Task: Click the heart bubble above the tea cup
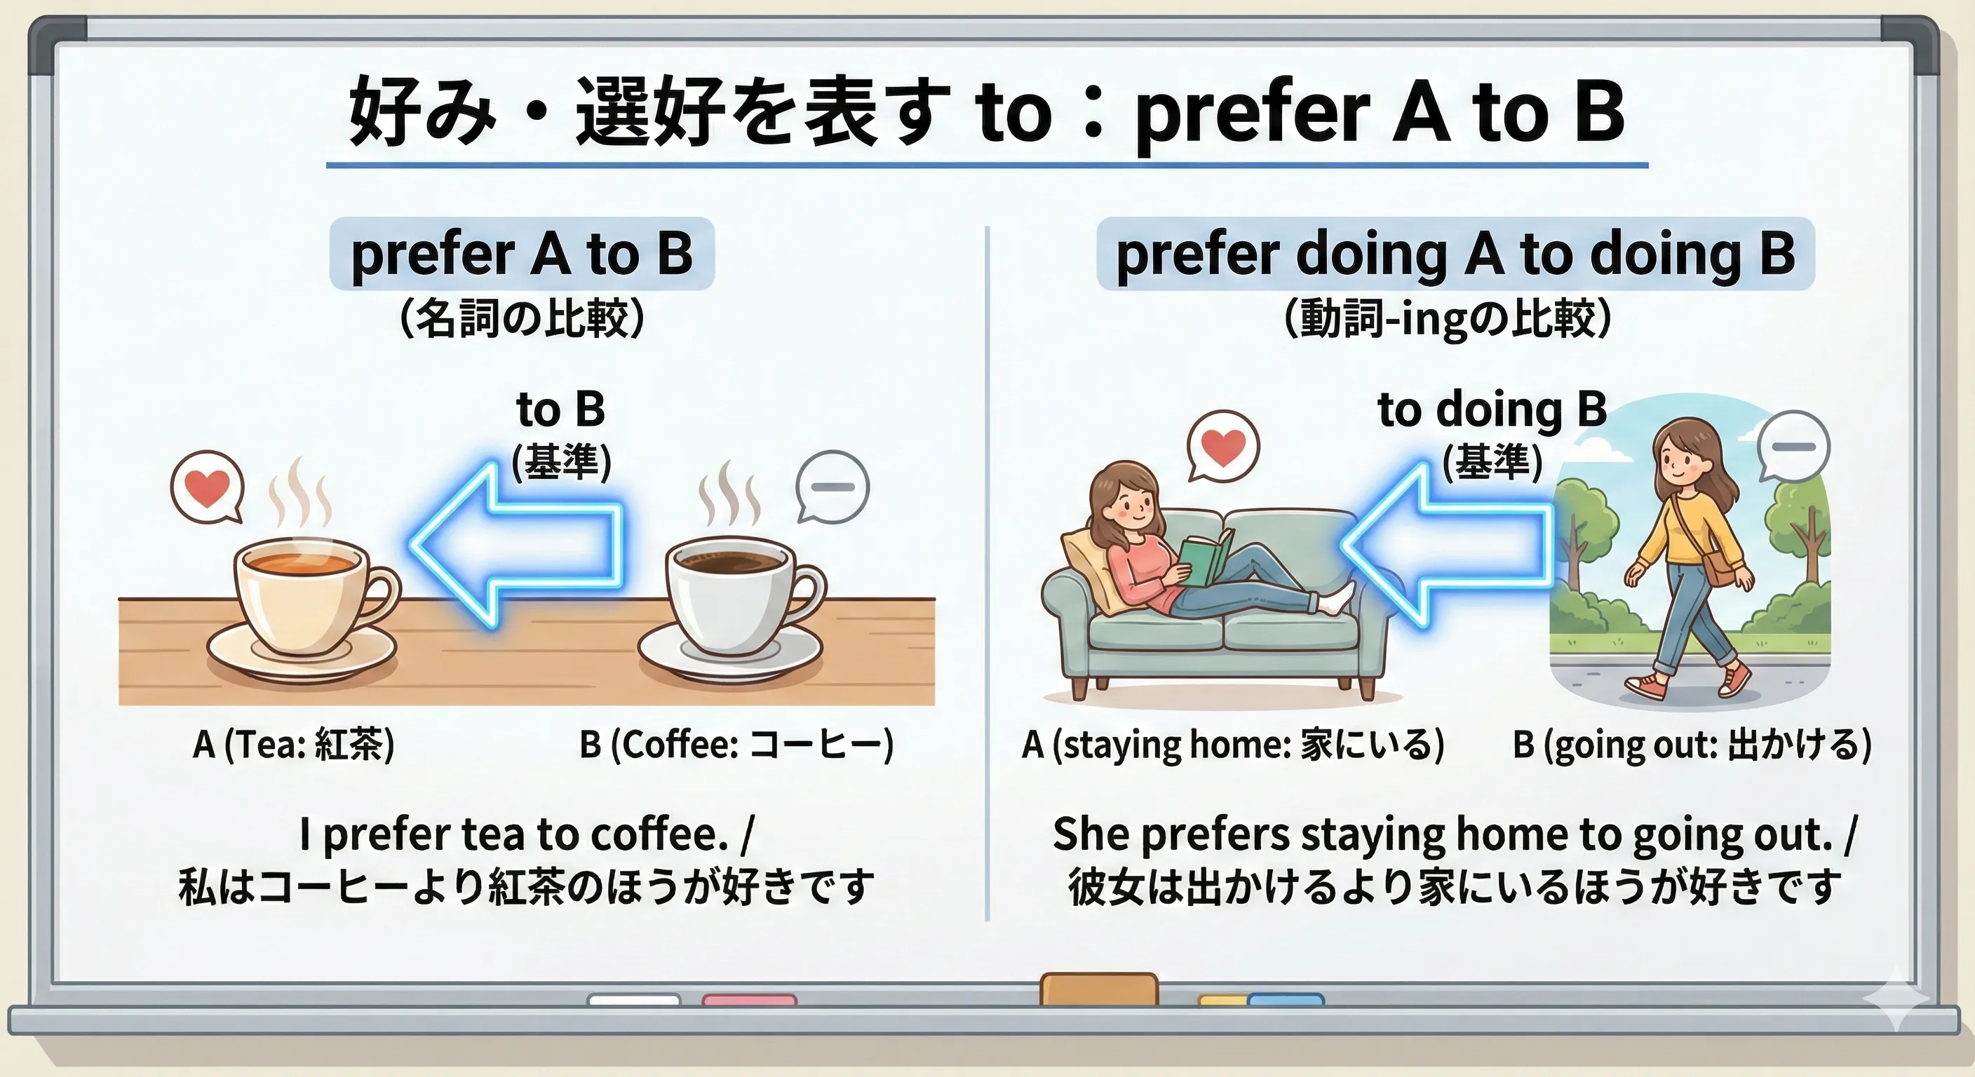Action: pos(207,488)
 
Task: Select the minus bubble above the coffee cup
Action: pos(833,487)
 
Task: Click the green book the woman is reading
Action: pos(1204,560)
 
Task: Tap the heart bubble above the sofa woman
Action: pos(1223,446)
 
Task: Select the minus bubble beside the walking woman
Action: pos(1793,447)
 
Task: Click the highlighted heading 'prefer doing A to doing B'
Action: pos(1455,255)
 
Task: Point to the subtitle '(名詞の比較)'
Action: pos(522,318)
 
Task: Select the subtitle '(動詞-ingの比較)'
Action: pos(1447,318)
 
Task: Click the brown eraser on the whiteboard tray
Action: pos(1099,989)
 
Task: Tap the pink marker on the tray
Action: pos(749,1000)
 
